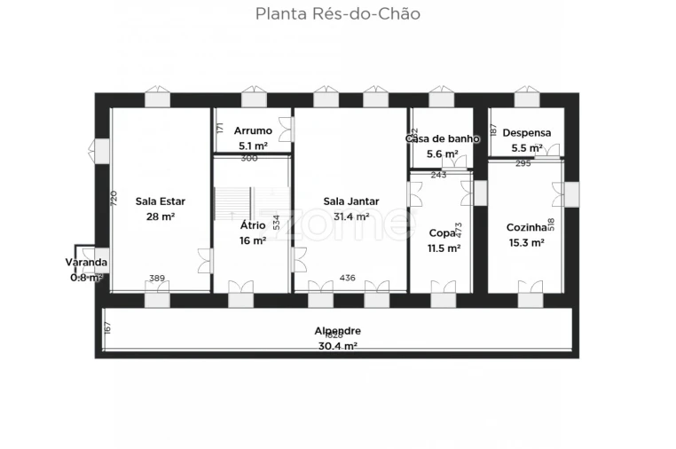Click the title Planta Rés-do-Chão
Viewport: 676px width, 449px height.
pyautogui.click(x=337, y=14)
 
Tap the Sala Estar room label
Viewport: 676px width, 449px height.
pyautogui.click(x=160, y=201)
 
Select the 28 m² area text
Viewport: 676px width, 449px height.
pyautogui.click(x=160, y=217)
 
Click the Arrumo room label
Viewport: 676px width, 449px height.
pyautogui.click(x=253, y=131)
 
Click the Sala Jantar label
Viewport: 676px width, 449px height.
pyautogui.click(x=350, y=201)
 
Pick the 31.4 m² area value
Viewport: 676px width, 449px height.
pyautogui.click(x=350, y=217)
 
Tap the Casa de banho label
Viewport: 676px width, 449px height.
pyautogui.click(x=442, y=138)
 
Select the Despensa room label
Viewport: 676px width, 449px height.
pyautogui.click(x=526, y=133)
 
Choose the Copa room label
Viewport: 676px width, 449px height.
pyautogui.click(x=441, y=232)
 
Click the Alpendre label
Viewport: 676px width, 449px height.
pyautogui.click(x=337, y=331)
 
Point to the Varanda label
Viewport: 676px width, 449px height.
pyautogui.click(x=86, y=263)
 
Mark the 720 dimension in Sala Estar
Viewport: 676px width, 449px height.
pyautogui.click(x=114, y=200)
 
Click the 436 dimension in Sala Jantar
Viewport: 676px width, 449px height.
pyautogui.click(x=347, y=278)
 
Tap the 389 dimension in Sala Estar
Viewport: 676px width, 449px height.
pyautogui.click(x=157, y=278)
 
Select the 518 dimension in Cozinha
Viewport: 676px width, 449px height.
pyautogui.click(x=551, y=225)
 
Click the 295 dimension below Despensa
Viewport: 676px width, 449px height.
pyautogui.click(x=523, y=163)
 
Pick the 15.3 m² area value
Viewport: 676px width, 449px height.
pyautogui.click(x=524, y=242)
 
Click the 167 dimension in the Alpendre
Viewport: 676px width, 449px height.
pyautogui.click(x=107, y=328)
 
